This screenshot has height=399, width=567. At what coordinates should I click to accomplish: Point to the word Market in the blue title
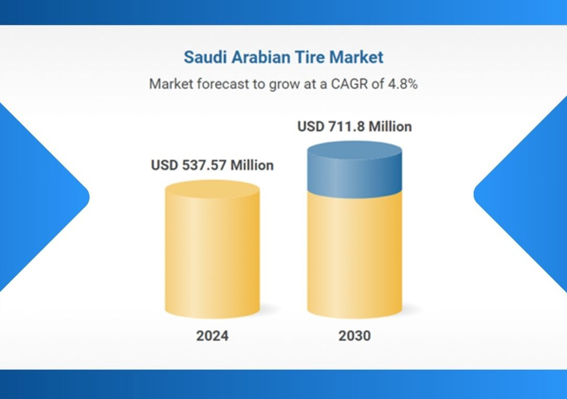[x=356, y=57]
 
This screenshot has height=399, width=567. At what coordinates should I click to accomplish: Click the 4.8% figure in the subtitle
[x=403, y=84]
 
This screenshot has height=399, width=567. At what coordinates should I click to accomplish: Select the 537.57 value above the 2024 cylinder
[x=204, y=165]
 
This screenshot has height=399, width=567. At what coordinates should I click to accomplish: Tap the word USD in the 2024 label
[x=164, y=165]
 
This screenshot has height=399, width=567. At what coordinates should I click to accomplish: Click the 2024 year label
[x=212, y=335]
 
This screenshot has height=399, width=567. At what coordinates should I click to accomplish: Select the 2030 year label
[x=354, y=335]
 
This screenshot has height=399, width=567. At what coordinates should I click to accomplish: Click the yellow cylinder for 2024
[x=212, y=249]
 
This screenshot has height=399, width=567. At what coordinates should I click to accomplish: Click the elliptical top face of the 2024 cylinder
[x=212, y=189]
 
